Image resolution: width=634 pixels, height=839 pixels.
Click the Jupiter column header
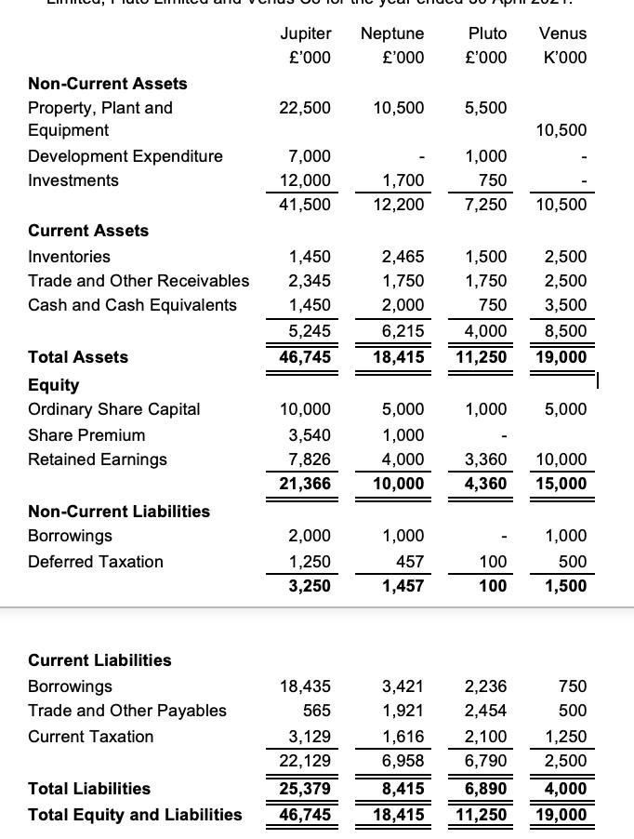[x=305, y=33]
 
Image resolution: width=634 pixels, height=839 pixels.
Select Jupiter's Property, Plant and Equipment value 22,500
[x=305, y=108]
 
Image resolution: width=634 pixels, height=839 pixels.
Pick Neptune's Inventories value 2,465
[x=403, y=257]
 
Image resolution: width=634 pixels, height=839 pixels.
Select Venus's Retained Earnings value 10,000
[x=561, y=459]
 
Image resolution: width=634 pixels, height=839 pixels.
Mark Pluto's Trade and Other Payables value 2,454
[x=485, y=711]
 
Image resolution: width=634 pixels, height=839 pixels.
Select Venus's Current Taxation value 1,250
[x=565, y=737]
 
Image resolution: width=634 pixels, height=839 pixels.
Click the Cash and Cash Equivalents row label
[x=132, y=305]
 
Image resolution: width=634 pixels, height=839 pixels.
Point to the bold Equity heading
[x=54, y=385]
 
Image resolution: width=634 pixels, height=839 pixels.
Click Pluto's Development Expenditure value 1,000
[x=485, y=156]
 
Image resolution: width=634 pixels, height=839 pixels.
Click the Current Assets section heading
[x=88, y=231]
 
